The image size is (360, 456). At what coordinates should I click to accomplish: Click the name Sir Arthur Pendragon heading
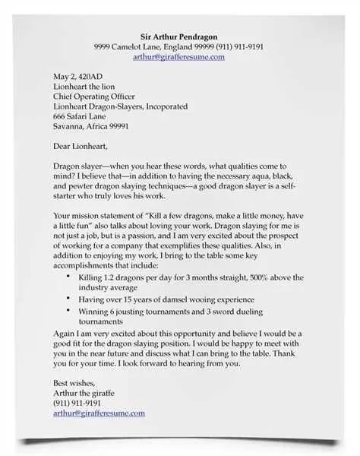tap(179, 36)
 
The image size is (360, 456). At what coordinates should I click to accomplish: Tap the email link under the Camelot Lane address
tap(179, 56)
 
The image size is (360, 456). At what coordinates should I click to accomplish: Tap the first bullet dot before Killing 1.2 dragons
tap(68, 277)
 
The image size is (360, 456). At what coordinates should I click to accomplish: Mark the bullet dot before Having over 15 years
tap(68, 300)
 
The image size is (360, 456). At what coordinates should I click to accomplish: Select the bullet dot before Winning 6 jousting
tap(68, 312)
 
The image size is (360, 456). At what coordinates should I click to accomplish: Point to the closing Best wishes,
tap(76, 382)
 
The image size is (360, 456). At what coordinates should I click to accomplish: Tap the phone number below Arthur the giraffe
tap(77, 403)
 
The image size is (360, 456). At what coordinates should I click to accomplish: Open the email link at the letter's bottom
tap(99, 413)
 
